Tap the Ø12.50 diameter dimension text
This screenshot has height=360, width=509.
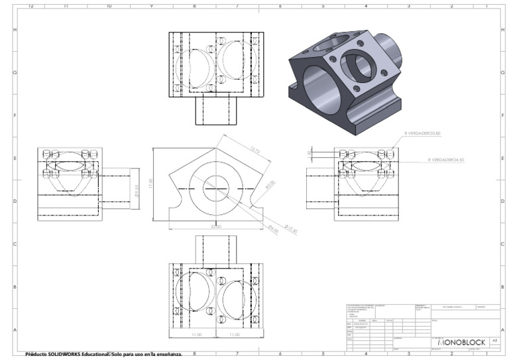click(x=291, y=231)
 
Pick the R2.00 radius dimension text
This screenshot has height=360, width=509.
click(x=270, y=184)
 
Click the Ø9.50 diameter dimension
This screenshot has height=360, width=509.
click(x=136, y=190)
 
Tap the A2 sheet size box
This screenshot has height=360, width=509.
click(x=494, y=340)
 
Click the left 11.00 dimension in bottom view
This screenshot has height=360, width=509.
click(x=196, y=335)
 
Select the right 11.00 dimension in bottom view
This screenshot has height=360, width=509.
click(x=234, y=335)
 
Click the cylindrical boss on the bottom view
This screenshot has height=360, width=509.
click(x=215, y=249)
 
